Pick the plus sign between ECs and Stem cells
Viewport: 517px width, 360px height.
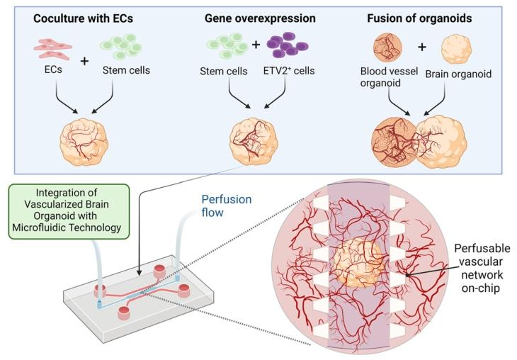point(84,61)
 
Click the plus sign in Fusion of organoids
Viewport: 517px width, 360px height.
point(422,48)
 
